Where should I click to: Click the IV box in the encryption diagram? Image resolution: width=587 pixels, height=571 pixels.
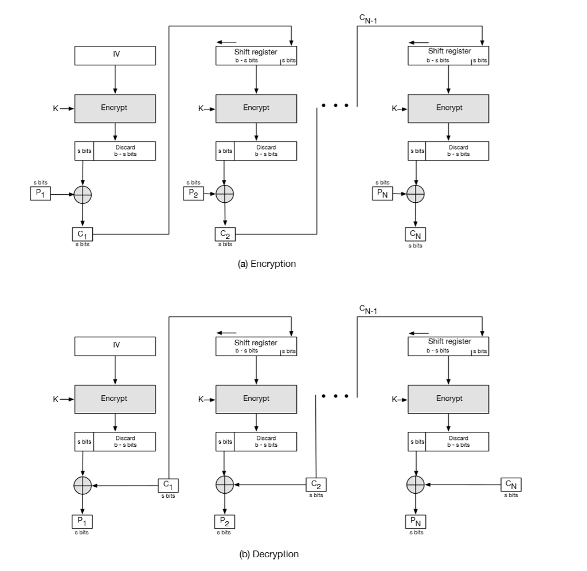tap(115, 56)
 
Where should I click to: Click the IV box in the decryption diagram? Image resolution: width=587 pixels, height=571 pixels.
tap(115, 346)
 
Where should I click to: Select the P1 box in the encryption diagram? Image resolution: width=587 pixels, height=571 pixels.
tap(40, 194)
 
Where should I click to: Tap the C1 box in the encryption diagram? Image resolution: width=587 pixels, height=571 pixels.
tap(83, 234)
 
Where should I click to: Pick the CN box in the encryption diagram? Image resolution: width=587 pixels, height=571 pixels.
tap(416, 234)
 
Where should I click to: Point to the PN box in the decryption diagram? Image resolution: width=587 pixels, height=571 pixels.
tap(416, 522)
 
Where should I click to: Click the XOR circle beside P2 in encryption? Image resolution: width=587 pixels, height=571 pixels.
tap(224, 194)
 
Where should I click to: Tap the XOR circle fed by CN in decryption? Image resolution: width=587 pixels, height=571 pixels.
tap(416, 485)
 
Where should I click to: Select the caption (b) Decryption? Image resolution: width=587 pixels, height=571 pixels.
tap(269, 554)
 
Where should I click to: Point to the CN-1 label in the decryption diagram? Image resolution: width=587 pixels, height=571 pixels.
tap(368, 310)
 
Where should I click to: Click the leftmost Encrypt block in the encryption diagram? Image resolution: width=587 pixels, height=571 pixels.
tap(115, 108)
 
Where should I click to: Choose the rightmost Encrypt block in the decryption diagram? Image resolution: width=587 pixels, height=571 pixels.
tap(448, 399)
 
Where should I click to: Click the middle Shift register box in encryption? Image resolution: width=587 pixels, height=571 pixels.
tap(256, 56)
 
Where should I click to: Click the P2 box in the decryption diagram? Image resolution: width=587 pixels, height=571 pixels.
tap(224, 522)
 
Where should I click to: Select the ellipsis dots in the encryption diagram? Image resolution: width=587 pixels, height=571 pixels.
tap(336, 106)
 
